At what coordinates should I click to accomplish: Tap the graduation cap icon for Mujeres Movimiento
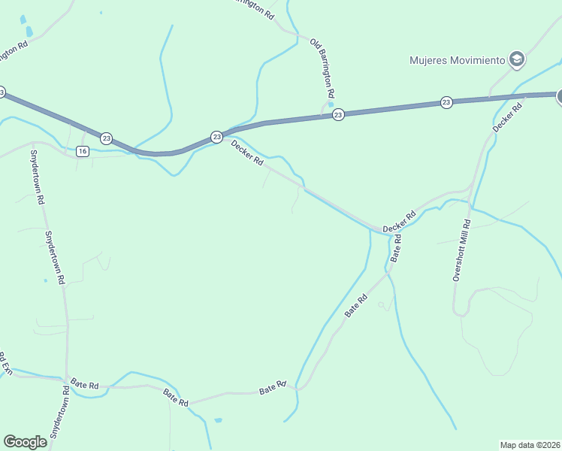point(516,59)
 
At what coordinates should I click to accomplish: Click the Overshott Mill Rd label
point(461,250)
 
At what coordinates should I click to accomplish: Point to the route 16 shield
point(83,151)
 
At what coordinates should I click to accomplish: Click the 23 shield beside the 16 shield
point(107,138)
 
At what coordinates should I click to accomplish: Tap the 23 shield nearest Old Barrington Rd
point(338,114)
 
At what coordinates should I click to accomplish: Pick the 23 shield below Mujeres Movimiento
point(446,102)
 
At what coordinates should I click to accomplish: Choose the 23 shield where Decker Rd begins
point(216,136)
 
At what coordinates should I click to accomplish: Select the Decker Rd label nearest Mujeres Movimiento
point(507,119)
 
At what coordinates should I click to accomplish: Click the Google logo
point(25,441)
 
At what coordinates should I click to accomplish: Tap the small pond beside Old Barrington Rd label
point(330,95)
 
